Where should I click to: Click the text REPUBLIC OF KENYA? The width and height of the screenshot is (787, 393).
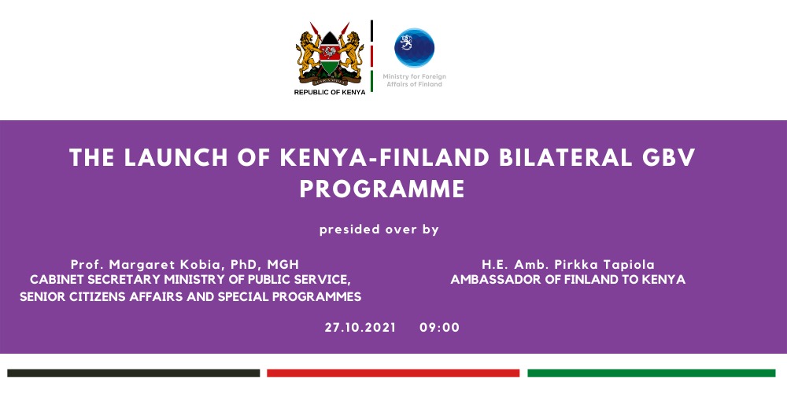[x=329, y=92]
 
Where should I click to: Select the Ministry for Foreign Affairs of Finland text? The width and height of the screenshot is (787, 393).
[x=414, y=79]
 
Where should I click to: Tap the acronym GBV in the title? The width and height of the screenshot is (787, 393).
[x=667, y=158]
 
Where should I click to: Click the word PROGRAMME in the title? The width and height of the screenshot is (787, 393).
[x=382, y=189]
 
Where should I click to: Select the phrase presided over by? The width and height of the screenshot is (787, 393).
[x=379, y=230]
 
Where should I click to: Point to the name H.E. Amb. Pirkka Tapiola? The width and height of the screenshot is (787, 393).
[x=568, y=264]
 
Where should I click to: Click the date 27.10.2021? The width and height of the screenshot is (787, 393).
[x=360, y=328]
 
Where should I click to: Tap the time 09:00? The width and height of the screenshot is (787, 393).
[x=439, y=328]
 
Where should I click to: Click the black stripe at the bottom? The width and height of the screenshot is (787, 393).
[x=134, y=373]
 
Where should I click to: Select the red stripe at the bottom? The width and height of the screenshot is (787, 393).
[x=393, y=373]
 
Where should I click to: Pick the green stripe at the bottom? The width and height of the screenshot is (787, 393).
[x=651, y=373]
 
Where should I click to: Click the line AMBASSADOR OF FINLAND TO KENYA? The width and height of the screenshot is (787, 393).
[x=568, y=280]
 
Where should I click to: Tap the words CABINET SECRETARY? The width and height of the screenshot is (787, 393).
[x=84, y=280]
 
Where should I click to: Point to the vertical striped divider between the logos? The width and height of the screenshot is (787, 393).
[x=371, y=55]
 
